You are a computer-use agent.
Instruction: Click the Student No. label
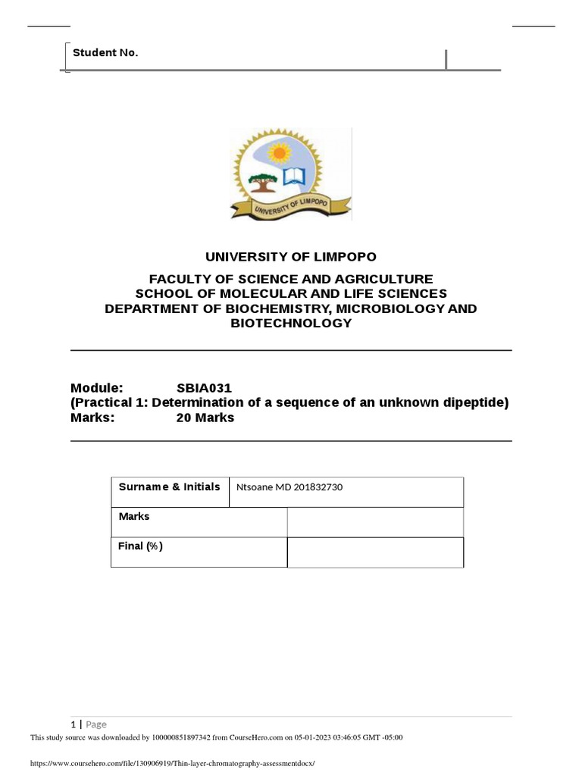pos(105,52)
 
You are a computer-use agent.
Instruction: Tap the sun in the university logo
pos(280,153)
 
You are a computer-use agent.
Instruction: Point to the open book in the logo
pos(294,177)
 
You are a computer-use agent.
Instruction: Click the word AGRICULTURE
pos(385,279)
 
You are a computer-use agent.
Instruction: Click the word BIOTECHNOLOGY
pos(291,323)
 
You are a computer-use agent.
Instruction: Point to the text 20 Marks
pos(205,418)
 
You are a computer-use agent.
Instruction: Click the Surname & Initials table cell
pos(169,487)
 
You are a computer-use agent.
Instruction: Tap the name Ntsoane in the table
pos(256,487)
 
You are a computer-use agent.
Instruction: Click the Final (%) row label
pos(140,546)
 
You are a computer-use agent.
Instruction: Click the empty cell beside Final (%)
pos(374,552)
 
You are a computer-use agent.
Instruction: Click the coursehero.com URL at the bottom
pos(171,764)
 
